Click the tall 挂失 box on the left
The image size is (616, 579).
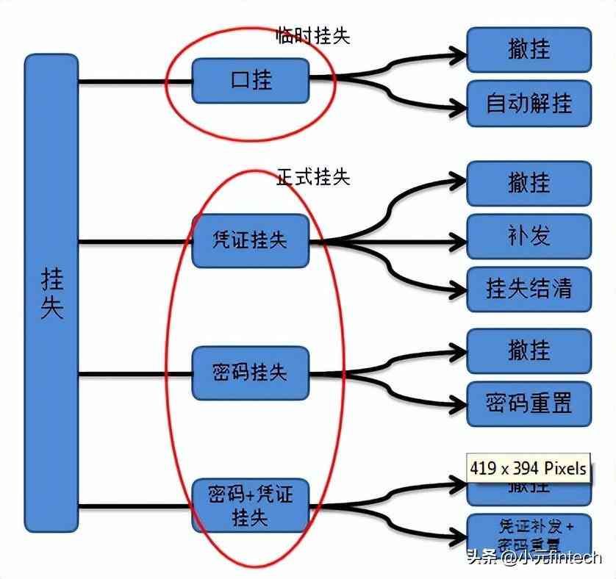pos(51,292)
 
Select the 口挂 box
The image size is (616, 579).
pos(250,80)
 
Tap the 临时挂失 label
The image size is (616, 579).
pos(312,35)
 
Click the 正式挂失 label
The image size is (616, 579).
pos(312,176)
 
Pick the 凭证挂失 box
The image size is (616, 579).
pos(250,240)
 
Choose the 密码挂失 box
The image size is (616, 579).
pos(250,373)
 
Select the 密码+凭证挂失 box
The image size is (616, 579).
pos(250,505)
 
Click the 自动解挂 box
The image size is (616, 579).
pos(529,103)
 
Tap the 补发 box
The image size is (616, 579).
pos(529,237)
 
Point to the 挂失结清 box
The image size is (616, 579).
pos(529,288)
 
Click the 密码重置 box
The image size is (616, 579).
pos(529,403)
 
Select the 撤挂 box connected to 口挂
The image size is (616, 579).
pos(529,49)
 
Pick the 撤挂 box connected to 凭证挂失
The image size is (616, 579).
pos(529,184)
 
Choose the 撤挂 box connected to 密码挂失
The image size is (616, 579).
pos(529,350)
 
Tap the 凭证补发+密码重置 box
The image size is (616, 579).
pos(529,533)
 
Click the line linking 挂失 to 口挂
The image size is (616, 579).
pos(135,81)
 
